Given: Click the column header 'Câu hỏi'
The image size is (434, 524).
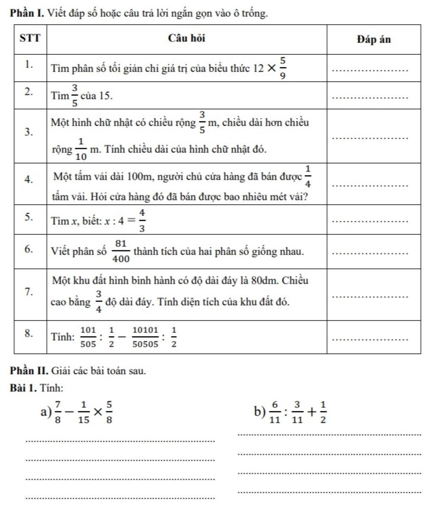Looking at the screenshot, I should [x=186, y=39].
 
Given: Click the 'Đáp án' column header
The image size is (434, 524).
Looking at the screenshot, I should [x=373, y=39].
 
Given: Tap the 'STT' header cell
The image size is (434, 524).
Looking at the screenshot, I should [x=30, y=39].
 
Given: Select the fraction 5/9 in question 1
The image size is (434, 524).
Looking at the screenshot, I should [x=283, y=67].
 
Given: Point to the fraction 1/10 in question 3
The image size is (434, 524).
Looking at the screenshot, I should [x=81, y=149].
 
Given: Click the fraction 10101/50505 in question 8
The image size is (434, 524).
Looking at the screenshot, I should [x=145, y=337].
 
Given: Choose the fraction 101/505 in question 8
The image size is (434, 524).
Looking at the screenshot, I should [x=88, y=337].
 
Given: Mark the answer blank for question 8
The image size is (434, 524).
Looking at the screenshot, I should [x=371, y=339].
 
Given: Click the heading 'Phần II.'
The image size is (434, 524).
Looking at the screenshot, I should [x=29, y=371].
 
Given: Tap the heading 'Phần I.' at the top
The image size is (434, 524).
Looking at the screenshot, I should [x=28, y=14].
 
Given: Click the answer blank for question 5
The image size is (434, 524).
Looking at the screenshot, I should [x=371, y=221].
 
